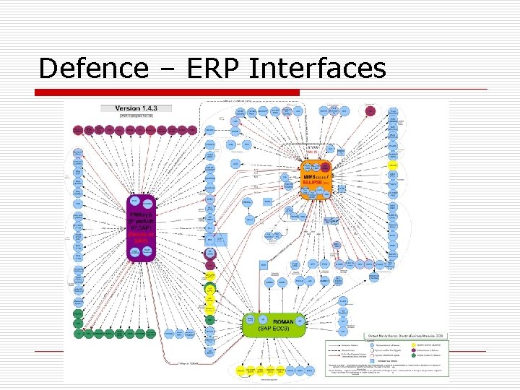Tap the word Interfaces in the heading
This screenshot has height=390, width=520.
(x=317, y=69)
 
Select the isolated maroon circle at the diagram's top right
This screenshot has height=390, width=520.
(x=370, y=111)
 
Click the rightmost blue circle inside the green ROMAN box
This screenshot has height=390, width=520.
(x=300, y=320)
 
